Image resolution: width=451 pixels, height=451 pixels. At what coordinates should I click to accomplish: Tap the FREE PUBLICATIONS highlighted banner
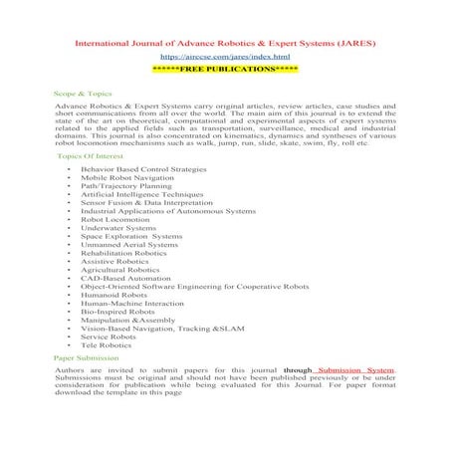pyautogui.click(x=225, y=72)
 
